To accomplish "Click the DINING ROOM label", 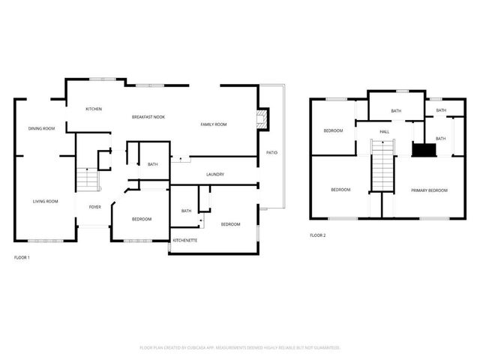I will point(43,128).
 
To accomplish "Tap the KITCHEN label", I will point(94,109).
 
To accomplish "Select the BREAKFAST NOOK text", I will point(148,117).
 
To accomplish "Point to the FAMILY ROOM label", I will point(213,124).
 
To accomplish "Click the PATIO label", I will point(271,153).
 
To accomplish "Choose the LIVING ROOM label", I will point(45,201).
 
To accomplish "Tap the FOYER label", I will point(95,207).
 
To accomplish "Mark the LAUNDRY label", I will point(215,175).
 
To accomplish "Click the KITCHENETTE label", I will point(185,241).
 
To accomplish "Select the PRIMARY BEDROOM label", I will point(429,190).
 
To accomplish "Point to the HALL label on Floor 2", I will point(384,132).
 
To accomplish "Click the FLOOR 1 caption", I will point(22,257).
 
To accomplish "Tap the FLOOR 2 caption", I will point(318,235).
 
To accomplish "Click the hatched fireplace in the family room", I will point(261,117).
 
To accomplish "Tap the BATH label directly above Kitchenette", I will point(185,211).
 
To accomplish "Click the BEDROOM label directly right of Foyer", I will point(141,219).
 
